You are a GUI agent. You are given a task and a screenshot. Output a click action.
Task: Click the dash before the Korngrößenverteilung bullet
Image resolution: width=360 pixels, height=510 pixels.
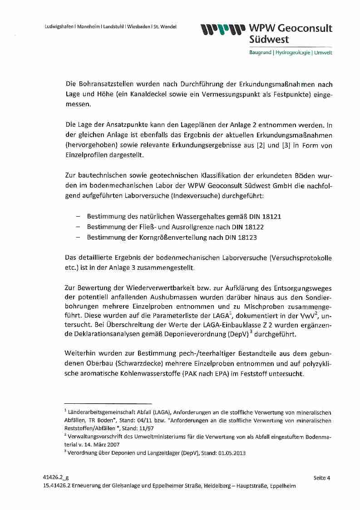coord(78,237)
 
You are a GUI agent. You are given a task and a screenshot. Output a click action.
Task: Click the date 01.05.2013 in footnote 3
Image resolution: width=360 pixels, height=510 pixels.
coord(230,453)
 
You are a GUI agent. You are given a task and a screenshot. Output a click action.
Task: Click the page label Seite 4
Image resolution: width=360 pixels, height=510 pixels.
coord(322,477)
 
